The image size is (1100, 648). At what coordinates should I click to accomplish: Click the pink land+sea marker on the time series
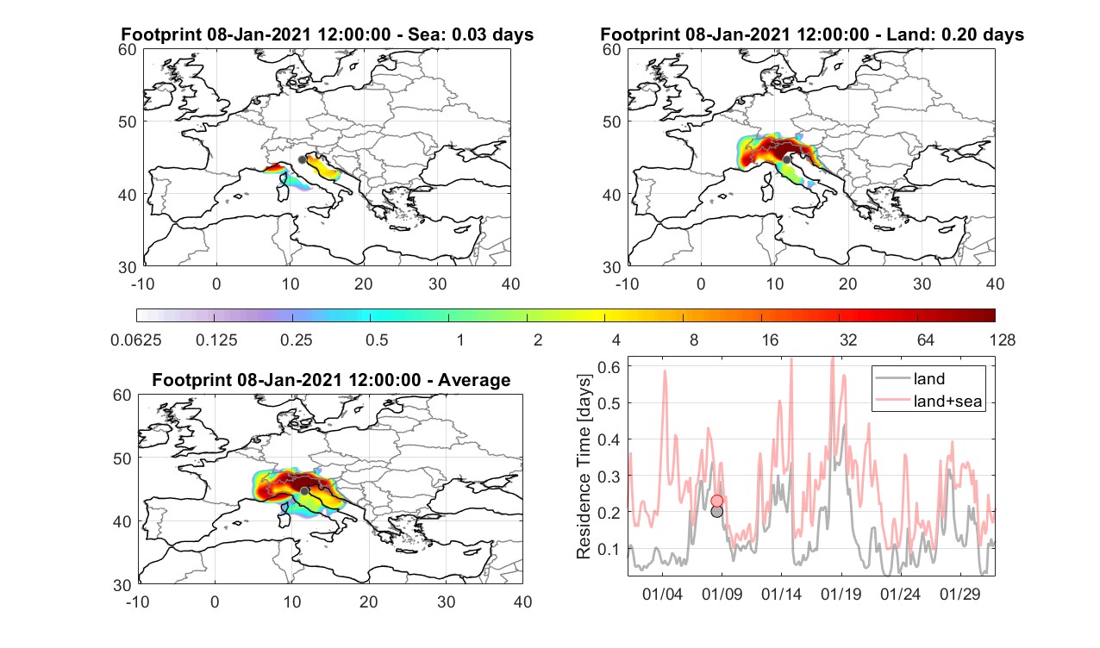(717, 501)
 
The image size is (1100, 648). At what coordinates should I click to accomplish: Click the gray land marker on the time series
(717, 512)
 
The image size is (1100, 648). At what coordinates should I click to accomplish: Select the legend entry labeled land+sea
(929, 401)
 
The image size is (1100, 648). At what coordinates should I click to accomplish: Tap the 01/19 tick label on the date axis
(841, 594)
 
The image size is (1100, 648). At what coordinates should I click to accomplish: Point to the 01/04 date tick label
(662, 594)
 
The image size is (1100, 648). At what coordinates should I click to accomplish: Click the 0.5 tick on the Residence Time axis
(609, 403)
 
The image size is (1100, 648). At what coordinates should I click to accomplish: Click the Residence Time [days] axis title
(584, 466)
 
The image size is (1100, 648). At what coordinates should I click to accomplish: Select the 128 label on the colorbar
(1003, 340)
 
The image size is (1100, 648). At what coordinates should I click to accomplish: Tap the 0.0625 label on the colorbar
(136, 340)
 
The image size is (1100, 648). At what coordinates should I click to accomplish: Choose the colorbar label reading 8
(693, 340)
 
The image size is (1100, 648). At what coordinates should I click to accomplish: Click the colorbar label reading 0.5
(377, 340)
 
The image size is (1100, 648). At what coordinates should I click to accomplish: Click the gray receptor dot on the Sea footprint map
(302, 159)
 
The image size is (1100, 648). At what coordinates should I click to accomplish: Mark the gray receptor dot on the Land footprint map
(786, 159)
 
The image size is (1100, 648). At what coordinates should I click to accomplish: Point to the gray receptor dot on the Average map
(304, 491)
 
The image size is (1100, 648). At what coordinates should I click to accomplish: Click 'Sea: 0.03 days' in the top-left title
(471, 34)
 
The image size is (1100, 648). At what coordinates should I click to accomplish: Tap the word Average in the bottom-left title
(474, 380)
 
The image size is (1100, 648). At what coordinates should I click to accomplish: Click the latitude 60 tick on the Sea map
(128, 50)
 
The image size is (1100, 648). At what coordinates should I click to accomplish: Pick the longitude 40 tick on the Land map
(996, 283)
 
